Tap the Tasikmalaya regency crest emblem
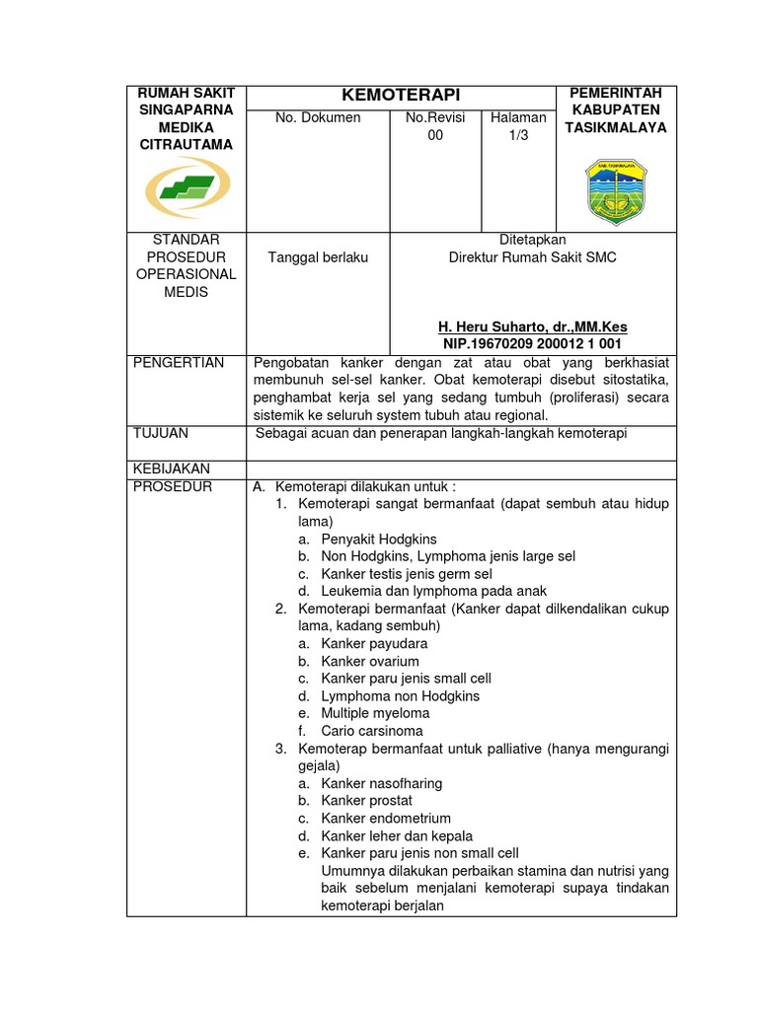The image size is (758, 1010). pos(615,190)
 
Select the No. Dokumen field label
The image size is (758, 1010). pos(318,118)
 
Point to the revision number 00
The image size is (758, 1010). pos(435,136)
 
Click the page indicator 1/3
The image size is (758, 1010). pos(519,136)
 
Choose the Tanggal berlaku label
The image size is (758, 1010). pos(318,257)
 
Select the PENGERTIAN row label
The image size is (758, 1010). pos(179,363)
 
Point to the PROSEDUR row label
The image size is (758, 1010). pos(173,486)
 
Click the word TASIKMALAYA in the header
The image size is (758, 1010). pos(616,127)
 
